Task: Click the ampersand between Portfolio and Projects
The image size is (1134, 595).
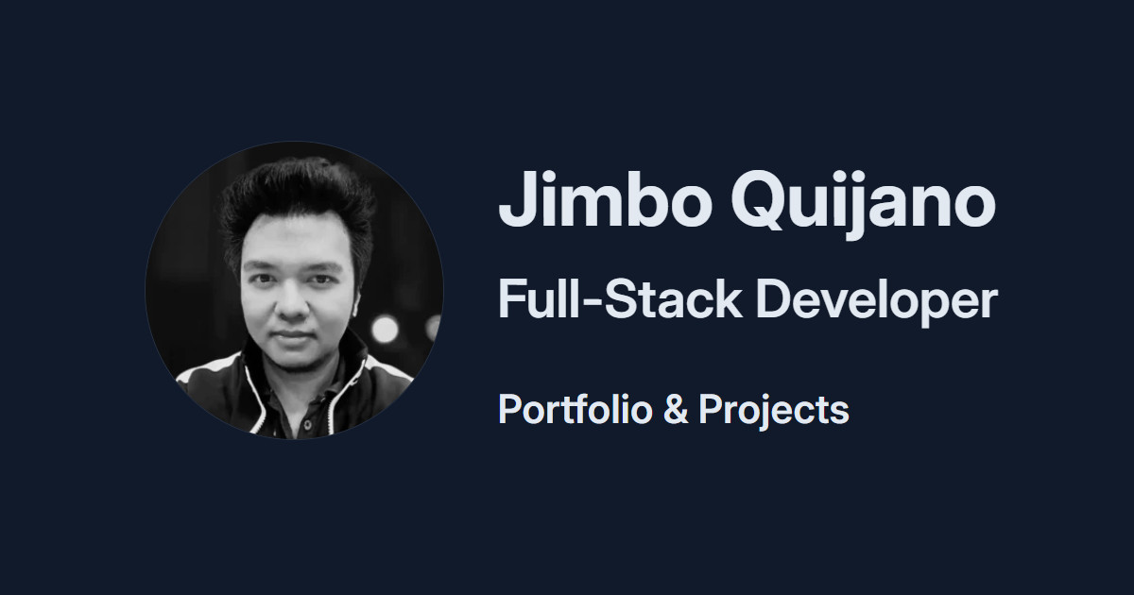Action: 676,410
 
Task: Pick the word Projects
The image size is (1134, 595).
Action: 773,410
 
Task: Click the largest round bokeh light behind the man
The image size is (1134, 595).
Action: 385,329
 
